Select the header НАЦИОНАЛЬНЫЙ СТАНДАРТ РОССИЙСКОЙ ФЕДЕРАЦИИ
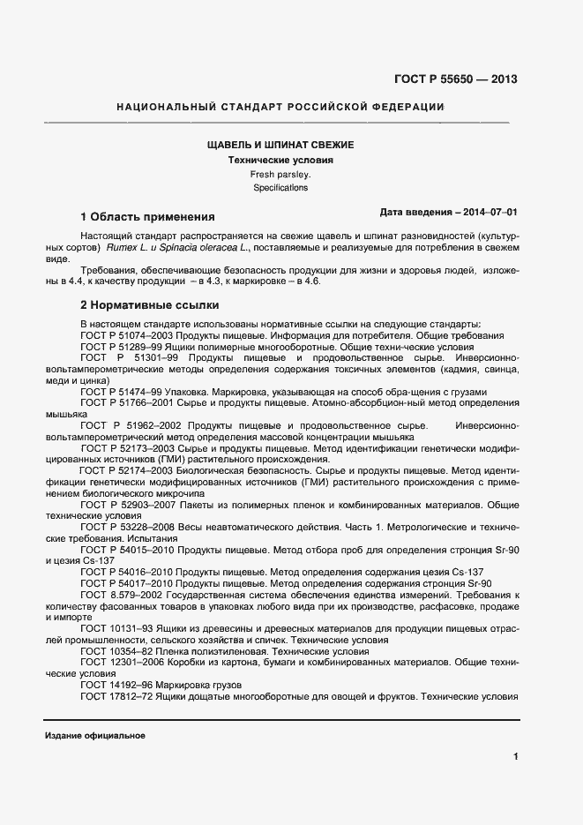click(280, 108)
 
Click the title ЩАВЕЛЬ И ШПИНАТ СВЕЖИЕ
click(280, 145)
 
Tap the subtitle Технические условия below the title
click(280, 161)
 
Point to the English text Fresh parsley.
click(280, 175)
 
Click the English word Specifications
click(280, 188)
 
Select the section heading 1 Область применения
click(147, 216)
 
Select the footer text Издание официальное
click(94, 735)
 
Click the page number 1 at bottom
click(515, 756)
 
